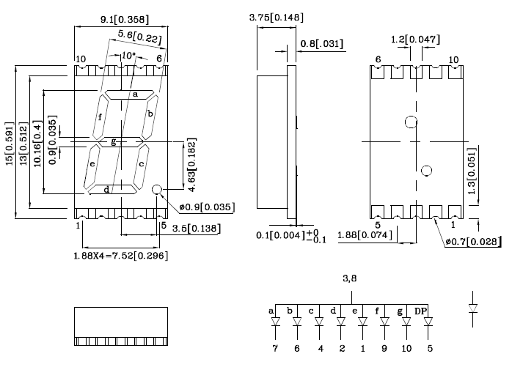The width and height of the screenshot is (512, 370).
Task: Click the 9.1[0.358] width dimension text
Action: coord(125,20)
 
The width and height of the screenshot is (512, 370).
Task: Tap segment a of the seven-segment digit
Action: coord(129,95)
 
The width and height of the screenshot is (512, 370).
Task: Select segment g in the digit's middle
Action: coord(121,142)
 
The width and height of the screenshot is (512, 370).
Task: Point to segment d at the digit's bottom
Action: coord(113,189)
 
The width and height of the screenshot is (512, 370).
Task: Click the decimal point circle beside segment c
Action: coord(157,189)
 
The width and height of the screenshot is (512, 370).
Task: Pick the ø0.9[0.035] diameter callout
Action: coord(207,207)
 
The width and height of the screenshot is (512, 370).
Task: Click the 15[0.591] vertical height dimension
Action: coord(10,144)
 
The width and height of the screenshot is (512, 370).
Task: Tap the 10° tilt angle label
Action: coord(128,56)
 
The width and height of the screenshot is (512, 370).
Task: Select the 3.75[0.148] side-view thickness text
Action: coord(277,18)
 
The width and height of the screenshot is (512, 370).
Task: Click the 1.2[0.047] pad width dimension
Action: coord(415,40)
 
